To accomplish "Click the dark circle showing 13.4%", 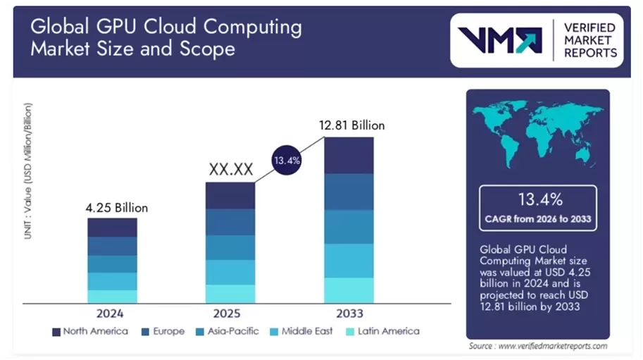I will [x=287, y=161].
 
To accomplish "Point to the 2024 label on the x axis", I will [x=112, y=312].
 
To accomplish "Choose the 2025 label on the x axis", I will [x=230, y=312].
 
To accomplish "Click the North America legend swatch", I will [x=56, y=331].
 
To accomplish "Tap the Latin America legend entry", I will [x=380, y=331].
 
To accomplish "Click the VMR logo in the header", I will [x=500, y=39].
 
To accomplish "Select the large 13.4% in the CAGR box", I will [x=537, y=199].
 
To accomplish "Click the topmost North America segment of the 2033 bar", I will [x=349, y=155].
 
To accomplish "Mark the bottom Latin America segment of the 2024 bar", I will [x=113, y=297].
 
